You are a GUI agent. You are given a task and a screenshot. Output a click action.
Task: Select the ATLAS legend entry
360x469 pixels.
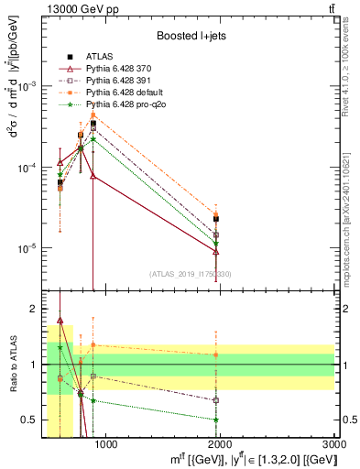click(99, 56)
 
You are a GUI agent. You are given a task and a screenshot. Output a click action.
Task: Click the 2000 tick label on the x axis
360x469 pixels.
click(220, 444)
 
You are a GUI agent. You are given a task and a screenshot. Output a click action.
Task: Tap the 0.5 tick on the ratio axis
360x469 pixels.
click(35, 420)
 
